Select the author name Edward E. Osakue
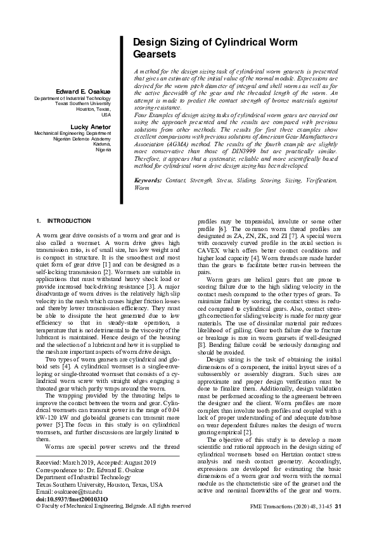[x=83, y=92]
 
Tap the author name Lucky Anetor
[x=91, y=127]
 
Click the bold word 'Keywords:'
[x=148, y=180]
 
